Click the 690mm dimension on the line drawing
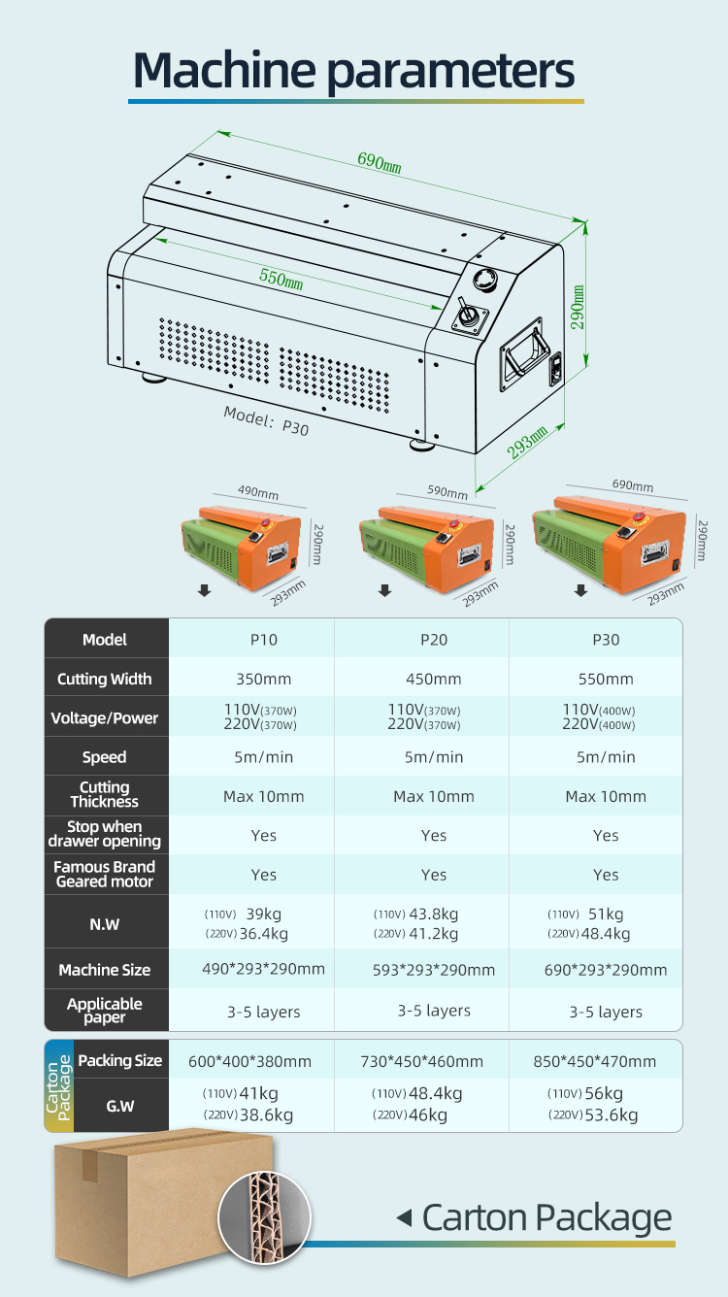point(380,161)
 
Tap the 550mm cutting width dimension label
point(281,278)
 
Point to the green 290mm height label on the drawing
point(578,307)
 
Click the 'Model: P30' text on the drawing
point(266,419)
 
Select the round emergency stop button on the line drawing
point(485,279)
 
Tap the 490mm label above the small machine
point(258,492)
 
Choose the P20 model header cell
point(434,640)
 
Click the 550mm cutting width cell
point(606,679)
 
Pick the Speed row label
point(104,757)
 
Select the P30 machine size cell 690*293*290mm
point(606,970)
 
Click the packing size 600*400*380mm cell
point(249,1061)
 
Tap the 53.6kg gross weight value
point(612,1114)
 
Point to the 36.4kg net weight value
point(263,933)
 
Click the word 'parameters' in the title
point(451,73)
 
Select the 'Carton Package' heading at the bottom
point(547,1217)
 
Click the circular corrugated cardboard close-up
point(264,1217)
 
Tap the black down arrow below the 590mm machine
point(385,590)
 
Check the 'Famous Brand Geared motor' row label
point(104,874)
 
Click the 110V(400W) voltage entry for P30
point(599,710)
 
